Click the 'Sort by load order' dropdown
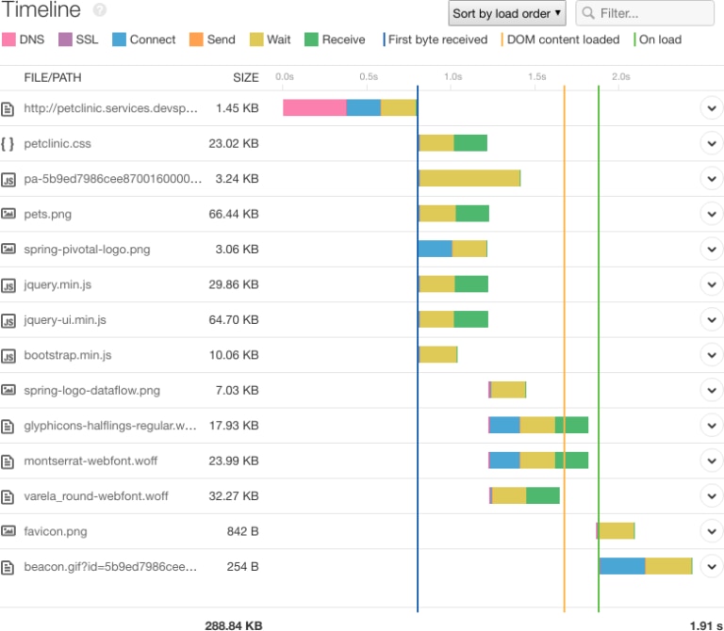(507, 13)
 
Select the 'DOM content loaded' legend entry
(561, 40)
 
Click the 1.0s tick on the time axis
(452, 77)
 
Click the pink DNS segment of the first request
(315, 107)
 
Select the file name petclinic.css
(58, 144)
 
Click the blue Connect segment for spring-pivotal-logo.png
(435, 249)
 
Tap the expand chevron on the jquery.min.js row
(711, 284)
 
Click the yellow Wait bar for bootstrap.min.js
(438, 354)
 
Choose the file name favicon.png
(56, 531)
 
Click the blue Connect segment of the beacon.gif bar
(622, 566)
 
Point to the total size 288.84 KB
(233, 624)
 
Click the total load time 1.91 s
(705, 624)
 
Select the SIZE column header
(245, 77)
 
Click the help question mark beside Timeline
(100, 10)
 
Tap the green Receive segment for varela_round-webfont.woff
(542, 495)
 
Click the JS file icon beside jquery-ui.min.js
(8, 320)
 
